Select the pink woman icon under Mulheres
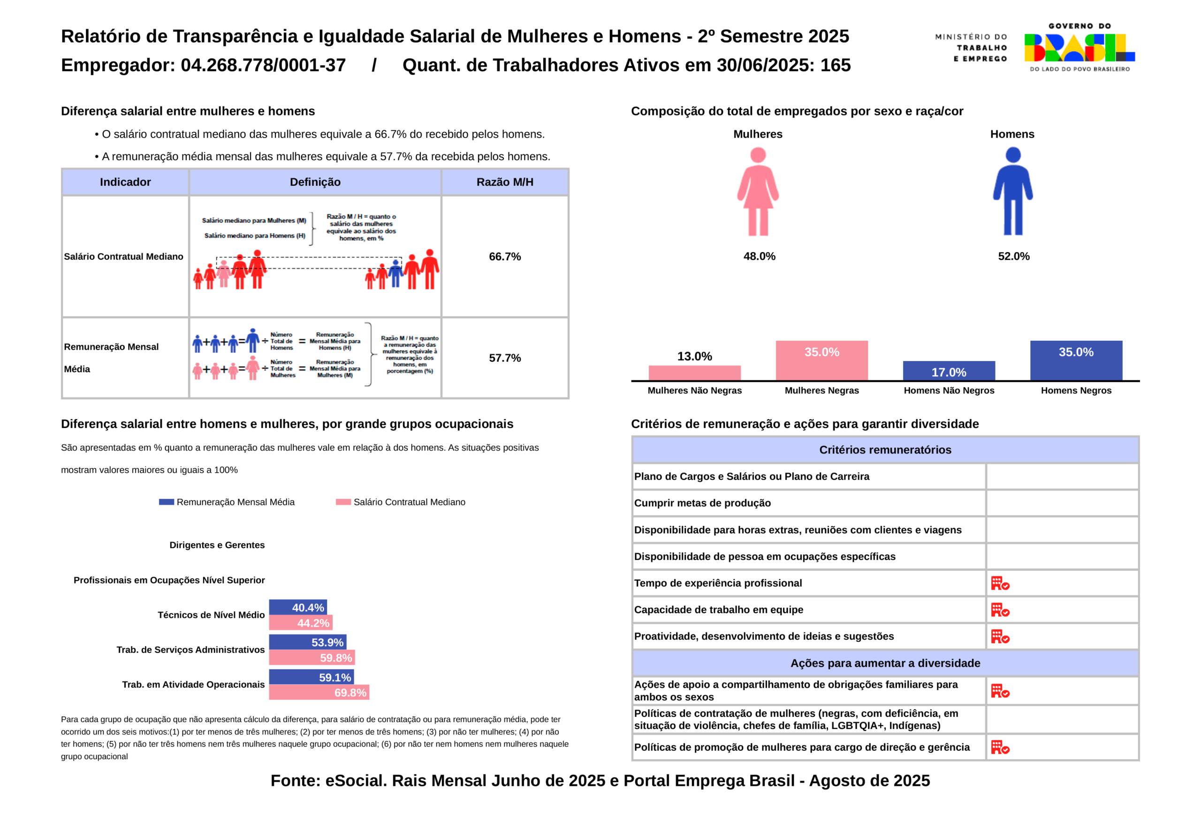click(758, 192)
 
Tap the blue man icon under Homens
click(1013, 191)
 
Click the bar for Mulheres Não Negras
click(694, 373)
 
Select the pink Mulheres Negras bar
click(821, 361)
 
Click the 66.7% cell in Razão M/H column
click(505, 256)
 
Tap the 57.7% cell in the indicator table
click(505, 358)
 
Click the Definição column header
click(315, 182)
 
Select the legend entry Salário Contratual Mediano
click(401, 502)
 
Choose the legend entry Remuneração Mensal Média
click(227, 502)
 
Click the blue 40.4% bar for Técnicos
click(298, 607)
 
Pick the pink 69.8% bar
click(319, 692)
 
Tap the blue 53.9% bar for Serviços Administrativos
click(308, 642)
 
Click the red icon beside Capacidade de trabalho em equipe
click(1000, 610)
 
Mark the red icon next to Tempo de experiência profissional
click(1000, 584)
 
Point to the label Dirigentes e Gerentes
click(217, 545)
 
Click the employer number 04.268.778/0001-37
click(263, 65)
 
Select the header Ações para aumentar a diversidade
click(885, 663)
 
